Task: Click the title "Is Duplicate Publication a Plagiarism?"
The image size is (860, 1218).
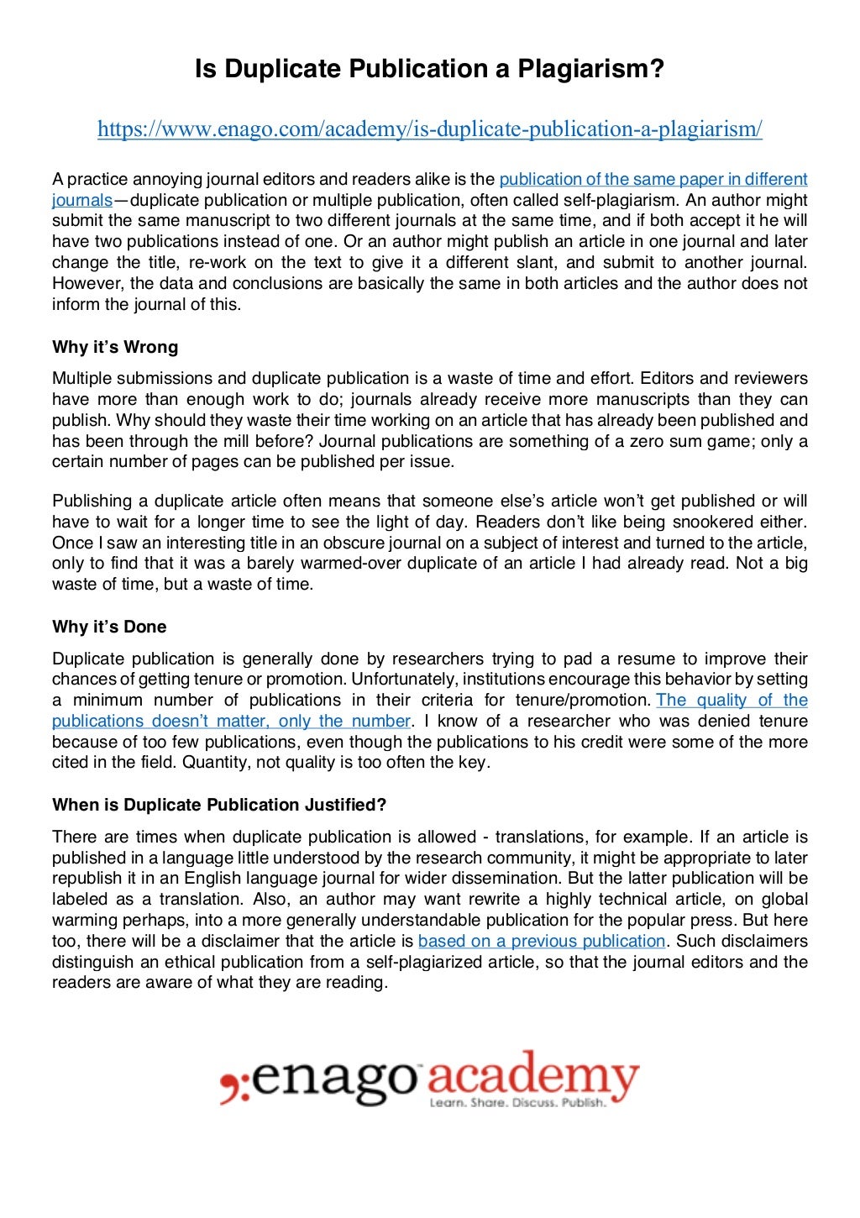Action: (429, 69)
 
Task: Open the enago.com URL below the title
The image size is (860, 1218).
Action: (429, 129)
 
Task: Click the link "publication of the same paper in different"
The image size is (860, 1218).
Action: (653, 179)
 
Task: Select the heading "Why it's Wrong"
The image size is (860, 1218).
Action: (115, 347)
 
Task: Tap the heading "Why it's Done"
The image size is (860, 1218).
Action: (109, 627)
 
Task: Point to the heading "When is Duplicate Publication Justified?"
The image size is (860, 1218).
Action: (219, 805)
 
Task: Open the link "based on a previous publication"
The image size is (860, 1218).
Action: (541, 941)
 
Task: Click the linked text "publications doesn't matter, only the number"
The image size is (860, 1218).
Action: (231, 721)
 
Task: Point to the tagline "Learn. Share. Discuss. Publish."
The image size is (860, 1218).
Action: (517, 1102)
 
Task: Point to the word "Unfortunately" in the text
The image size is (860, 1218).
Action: (404, 679)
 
